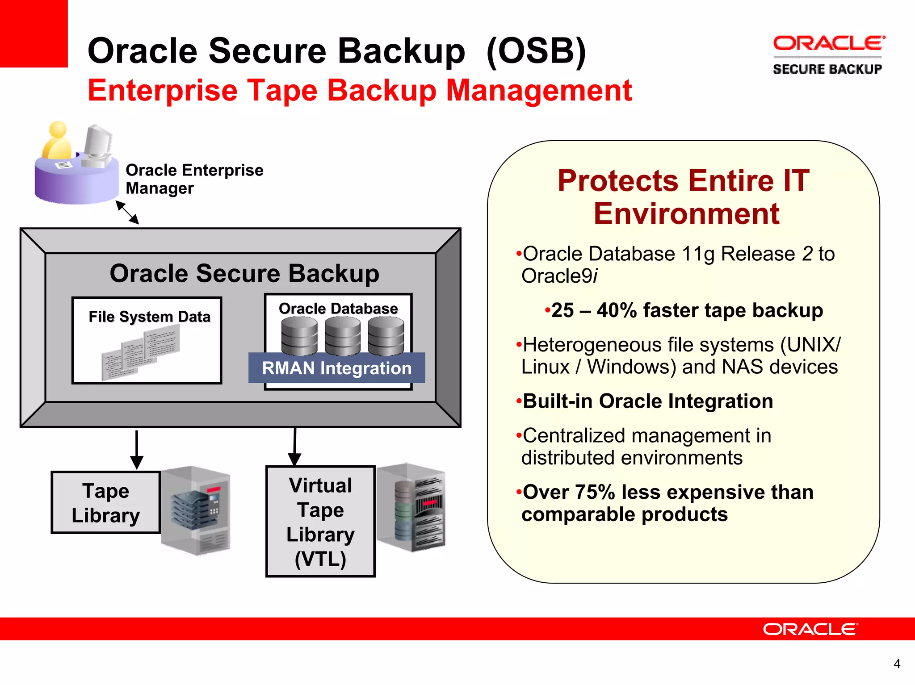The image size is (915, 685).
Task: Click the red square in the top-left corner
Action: (34, 33)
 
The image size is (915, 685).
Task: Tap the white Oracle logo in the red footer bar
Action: (810, 629)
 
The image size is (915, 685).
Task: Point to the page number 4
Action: (896, 664)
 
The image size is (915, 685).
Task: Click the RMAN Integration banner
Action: (336, 368)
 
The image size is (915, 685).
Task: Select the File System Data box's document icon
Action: (141, 352)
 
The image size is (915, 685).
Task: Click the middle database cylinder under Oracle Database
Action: (342, 336)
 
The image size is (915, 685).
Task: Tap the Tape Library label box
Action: (106, 503)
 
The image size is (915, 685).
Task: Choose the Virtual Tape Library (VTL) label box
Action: (320, 522)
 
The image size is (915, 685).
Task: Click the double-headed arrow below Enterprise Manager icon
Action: (127, 212)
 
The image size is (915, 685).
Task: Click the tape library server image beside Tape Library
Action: (196, 510)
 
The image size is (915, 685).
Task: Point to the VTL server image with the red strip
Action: (411, 507)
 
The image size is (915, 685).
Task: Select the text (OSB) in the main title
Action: (536, 51)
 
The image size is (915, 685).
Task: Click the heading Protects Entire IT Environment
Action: (684, 197)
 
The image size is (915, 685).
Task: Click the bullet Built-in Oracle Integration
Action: (647, 401)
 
